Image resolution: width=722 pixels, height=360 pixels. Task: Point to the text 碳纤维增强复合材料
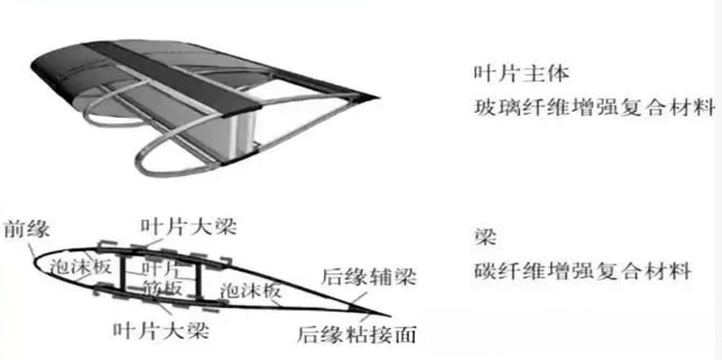[582, 270]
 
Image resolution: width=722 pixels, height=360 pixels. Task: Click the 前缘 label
[26, 229]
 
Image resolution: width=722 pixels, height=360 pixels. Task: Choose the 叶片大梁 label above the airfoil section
[189, 227]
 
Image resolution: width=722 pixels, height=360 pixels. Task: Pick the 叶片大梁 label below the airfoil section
[160, 330]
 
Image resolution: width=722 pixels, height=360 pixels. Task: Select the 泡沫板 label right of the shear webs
[250, 290]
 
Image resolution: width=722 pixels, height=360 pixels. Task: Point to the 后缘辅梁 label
[369, 277]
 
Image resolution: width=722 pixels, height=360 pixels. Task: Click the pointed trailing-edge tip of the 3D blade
[377, 97]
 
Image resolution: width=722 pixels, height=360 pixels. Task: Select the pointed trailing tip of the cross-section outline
[389, 316]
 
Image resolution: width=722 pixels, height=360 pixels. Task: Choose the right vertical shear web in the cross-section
[199, 280]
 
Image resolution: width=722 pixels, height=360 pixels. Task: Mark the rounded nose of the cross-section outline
[37, 263]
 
